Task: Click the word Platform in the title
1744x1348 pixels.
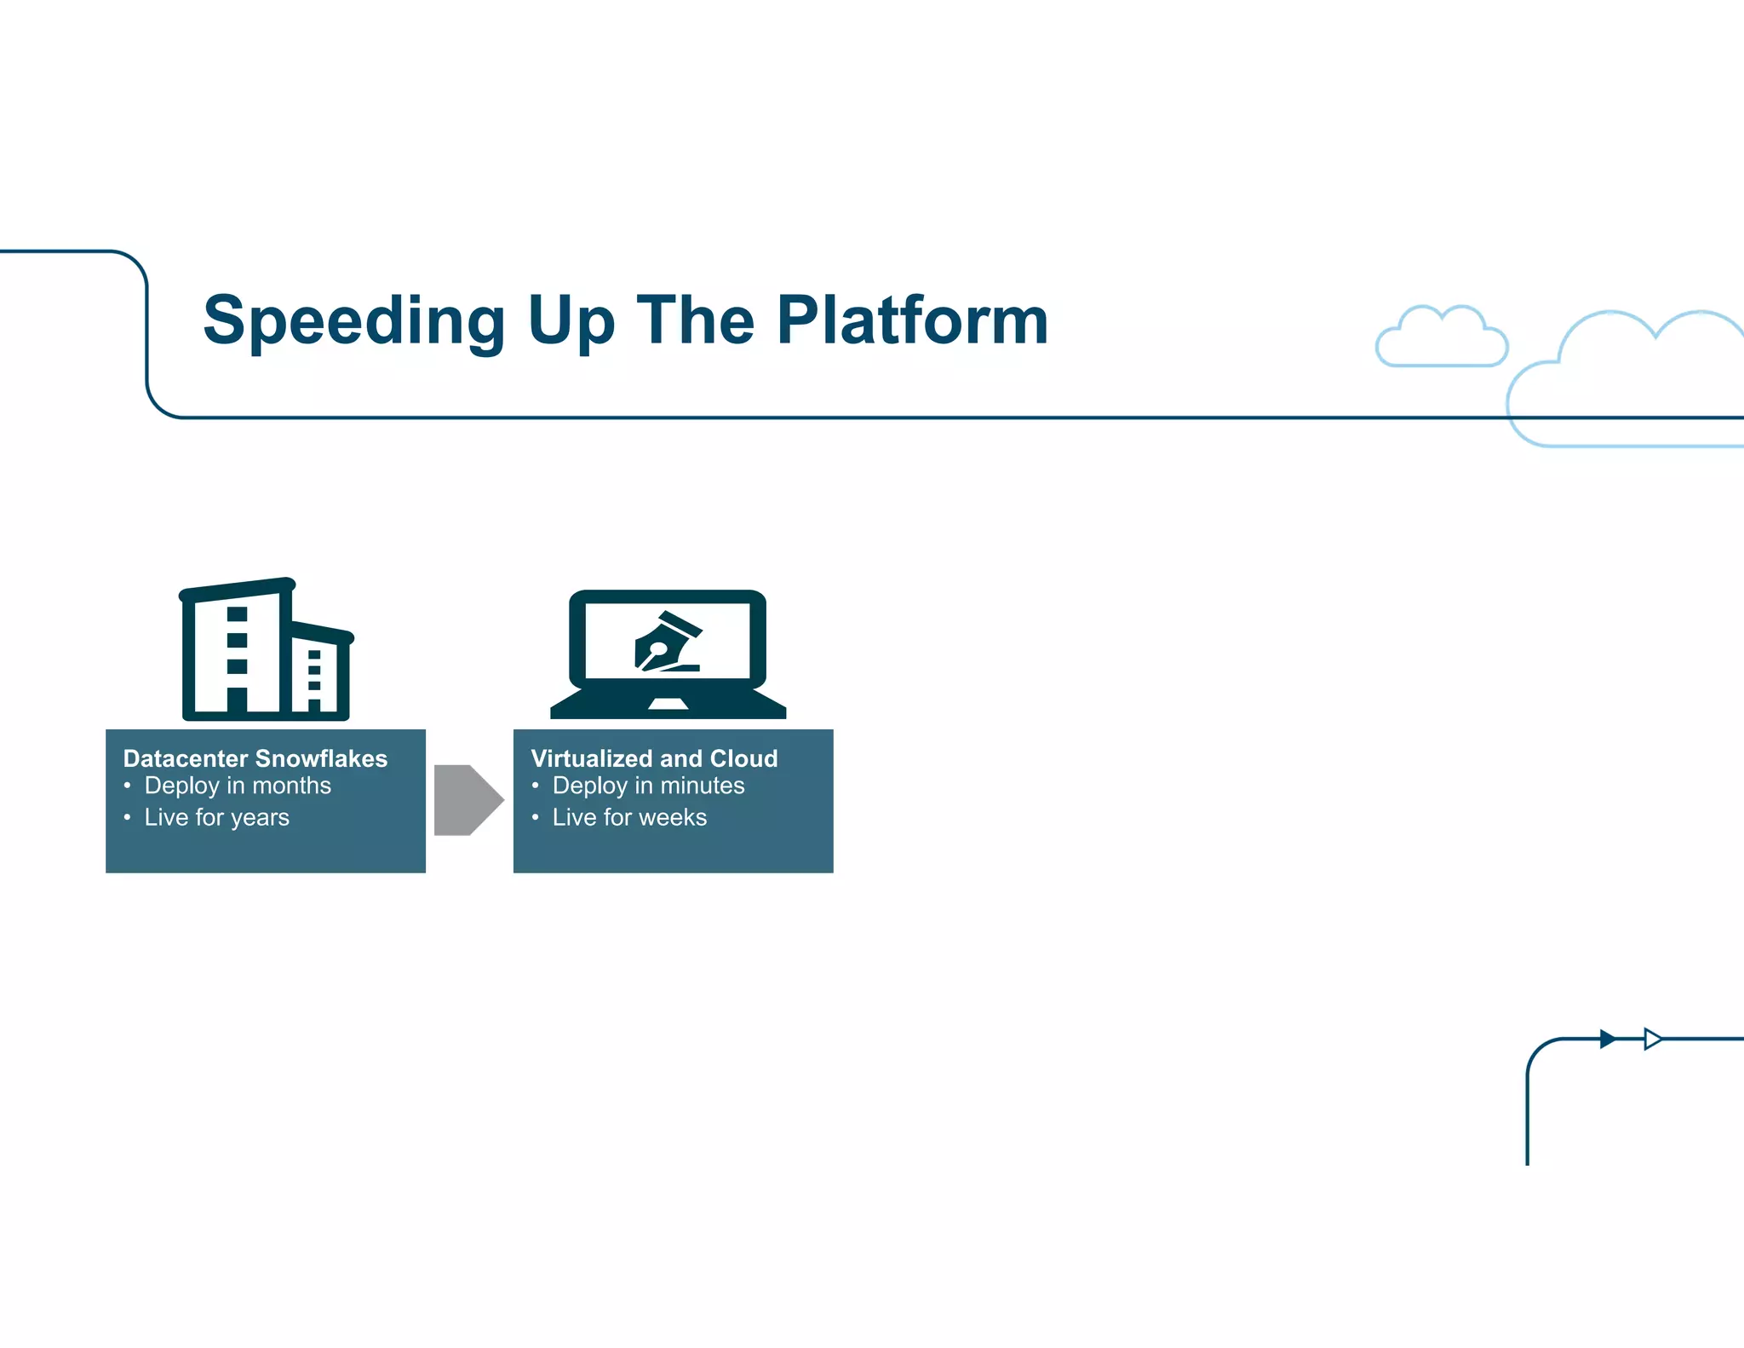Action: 912,321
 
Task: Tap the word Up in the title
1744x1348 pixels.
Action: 571,321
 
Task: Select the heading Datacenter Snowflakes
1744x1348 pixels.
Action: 255,758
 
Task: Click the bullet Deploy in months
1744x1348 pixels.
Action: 237,786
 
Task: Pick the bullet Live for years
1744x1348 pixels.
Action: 216,817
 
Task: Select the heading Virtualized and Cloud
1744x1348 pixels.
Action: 653,758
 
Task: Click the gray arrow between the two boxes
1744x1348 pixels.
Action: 468,800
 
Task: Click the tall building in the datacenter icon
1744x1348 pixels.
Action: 235,652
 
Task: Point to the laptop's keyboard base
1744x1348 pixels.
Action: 668,705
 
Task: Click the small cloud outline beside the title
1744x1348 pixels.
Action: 1441,338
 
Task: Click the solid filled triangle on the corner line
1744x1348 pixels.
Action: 1607,1039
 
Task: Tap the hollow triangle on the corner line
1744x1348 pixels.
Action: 1652,1039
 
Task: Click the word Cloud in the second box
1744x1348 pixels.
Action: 743,758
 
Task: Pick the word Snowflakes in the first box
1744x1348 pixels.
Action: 321,758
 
